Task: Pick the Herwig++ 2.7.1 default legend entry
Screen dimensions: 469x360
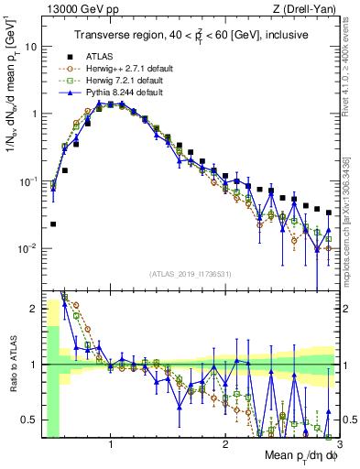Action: coord(124,68)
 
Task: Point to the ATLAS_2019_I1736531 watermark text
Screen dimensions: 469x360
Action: coord(190,273)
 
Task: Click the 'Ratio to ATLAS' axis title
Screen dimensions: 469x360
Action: coord(12,365)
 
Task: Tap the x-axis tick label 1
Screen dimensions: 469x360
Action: coord(111,447)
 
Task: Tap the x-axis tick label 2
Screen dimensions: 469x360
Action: coord(224,447)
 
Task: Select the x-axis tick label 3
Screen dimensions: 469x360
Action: coord(337,447)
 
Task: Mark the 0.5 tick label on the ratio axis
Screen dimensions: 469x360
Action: coord(28,420)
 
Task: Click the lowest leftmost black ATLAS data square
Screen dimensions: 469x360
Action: coord(53,224)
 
